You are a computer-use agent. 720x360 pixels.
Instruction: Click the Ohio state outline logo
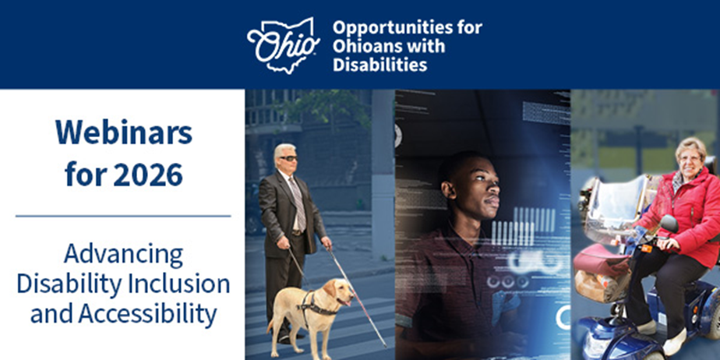point(284,45)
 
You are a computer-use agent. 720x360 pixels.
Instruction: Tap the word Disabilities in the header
point(380,65)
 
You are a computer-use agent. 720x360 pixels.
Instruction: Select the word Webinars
point(124,133)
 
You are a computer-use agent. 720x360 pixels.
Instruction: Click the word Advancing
point(124,255)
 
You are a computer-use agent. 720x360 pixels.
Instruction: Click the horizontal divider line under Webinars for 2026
point(123,216)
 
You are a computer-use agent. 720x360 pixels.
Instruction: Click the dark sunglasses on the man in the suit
point(289,158)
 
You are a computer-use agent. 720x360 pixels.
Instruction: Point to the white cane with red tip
point(357,297)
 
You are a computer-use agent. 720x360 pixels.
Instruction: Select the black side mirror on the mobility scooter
point(669,224)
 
